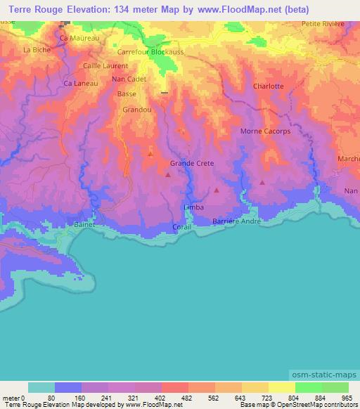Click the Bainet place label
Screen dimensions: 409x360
coord(84,225)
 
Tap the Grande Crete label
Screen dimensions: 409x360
coord(192,164)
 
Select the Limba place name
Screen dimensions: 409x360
coord(193,208)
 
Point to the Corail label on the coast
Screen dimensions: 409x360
coord(182,227)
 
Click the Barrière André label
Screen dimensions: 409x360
coord(237,221)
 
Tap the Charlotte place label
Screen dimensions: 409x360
coord(268,86)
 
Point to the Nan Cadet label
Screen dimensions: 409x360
coord(129,79)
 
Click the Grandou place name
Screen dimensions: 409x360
coord(136,110)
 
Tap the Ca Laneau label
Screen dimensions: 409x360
coord(79,83)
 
